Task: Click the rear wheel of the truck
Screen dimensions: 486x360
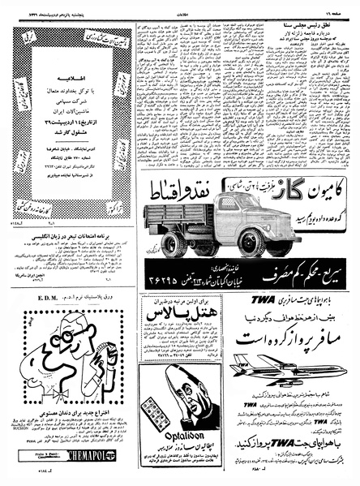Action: [x=173, y=242]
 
